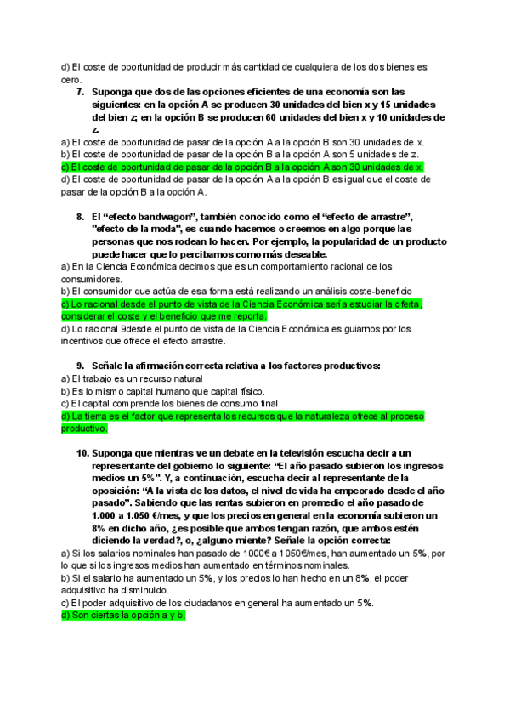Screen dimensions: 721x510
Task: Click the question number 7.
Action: click(80, 91)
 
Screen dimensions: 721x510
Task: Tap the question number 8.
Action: click(80, 217)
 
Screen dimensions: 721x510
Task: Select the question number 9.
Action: click(80, 366)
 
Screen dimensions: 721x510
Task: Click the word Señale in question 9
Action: click(111, 366)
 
